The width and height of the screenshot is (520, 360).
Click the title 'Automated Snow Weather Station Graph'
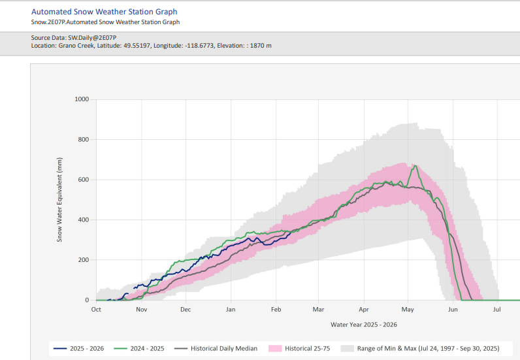(104, 12)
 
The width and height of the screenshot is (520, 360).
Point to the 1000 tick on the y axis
(81, 99)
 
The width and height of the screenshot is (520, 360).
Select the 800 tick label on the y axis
(83, 140)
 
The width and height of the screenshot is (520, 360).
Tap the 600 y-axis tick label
(83, 180)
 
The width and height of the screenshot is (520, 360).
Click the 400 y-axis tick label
(83, 220)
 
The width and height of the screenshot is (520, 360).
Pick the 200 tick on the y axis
(83, 260)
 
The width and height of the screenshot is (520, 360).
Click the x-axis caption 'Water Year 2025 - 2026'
(364, 324)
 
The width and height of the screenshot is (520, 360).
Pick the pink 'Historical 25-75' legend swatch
(276, 348)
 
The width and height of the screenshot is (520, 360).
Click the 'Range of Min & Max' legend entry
(418, 348)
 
